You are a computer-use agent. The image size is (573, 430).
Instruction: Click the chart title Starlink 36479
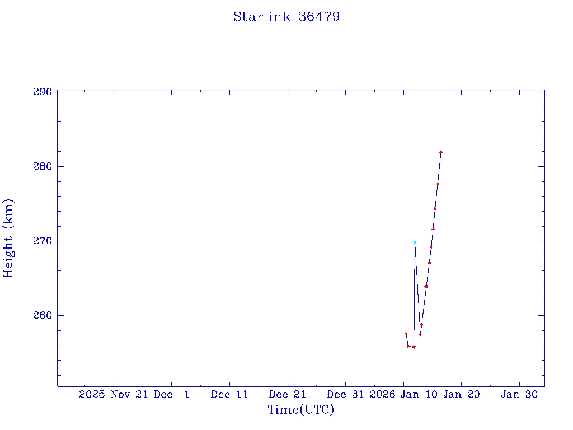[x=286, y=17]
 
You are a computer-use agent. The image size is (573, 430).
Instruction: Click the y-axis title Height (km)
[x=8, y=238]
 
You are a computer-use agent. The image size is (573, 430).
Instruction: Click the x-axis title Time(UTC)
[x=300, y=410]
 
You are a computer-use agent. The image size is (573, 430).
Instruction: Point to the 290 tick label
[x=42, y=92]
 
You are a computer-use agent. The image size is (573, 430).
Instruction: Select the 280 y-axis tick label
[x=42, y=166]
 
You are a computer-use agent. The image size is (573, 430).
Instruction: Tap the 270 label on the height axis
[x=42, y=241]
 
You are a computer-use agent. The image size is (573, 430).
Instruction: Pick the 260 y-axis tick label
[x=42, y=315]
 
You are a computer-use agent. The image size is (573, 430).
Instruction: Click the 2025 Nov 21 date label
[x=114, y=394]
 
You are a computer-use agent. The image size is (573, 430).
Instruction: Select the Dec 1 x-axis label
[x=172, y=394]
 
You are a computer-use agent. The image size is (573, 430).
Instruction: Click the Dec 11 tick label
[x=229, y=394]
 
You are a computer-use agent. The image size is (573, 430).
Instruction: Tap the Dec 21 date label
[x=288, y=394]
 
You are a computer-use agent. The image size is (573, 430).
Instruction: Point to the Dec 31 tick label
[x=345, y=394]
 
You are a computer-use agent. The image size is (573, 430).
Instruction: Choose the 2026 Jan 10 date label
[x=403, y=394]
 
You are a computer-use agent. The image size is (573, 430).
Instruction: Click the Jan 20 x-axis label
[x=461, y=394]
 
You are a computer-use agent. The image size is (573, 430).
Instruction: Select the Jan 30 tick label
[x=519, y=394]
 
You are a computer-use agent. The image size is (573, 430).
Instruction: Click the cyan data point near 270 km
[x=415, y=242]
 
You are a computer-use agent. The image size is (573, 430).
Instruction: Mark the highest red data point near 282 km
[x=441, y=152]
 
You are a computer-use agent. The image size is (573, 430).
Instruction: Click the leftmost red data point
[x=406, y=334]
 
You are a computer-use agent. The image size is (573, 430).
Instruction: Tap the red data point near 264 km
[x=426, y=286]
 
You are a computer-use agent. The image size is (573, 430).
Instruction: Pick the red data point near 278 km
[x=438, y=184]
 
